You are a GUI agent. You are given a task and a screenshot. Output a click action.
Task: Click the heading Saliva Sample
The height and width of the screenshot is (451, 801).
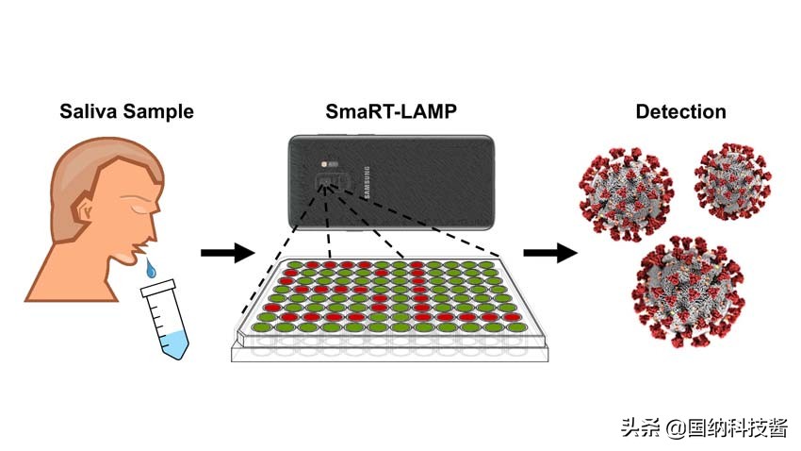pyautogui.click(x=126, y=111)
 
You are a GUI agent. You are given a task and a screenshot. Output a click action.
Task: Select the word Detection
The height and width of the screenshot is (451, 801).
pyautogui.click(x=680, y=111)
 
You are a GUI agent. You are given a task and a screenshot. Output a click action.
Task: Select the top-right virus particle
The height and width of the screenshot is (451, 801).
pyautogui.click(x=732, y=180)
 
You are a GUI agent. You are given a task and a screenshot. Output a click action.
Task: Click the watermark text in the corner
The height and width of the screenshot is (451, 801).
pyautogui.click(x=703, y=426)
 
